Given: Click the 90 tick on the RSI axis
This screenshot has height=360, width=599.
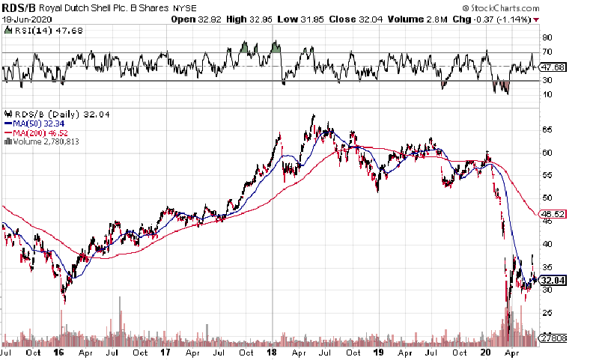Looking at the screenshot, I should [x=547, y=37].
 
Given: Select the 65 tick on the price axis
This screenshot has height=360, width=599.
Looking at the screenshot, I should [x=547, y=129].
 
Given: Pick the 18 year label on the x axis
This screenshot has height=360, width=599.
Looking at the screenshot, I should [x=272, y=351].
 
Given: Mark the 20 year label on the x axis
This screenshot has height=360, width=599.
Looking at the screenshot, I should [x=485, y=351].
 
